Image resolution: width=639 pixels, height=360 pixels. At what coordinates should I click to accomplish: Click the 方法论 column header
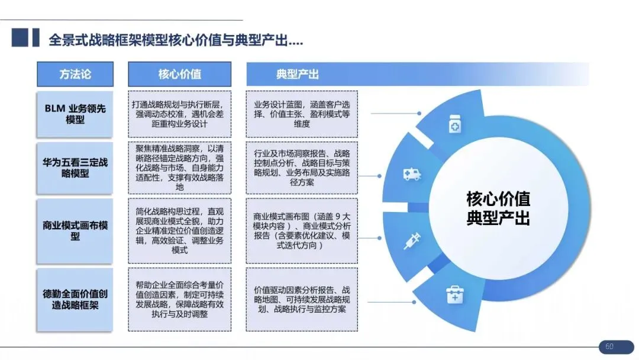click(75, 75)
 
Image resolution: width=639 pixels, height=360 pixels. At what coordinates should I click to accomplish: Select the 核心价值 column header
click(179, 75)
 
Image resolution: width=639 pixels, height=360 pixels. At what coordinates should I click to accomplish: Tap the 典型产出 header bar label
click(298, 75)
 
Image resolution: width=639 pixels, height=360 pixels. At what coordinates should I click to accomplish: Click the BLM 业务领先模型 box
click(75, 114)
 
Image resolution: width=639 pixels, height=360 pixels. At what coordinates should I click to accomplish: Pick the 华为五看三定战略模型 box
click(75, 168)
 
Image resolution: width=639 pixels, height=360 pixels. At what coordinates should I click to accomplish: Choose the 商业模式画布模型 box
click(75, 231)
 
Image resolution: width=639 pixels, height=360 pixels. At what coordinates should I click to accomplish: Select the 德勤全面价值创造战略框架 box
click(75, 299)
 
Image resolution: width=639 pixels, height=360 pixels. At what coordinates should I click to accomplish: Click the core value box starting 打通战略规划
click(179, 114)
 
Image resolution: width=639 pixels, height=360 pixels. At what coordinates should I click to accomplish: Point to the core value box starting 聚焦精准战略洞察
click(179, 168)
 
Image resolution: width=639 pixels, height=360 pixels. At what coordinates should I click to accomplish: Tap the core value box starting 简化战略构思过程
click(179, 231)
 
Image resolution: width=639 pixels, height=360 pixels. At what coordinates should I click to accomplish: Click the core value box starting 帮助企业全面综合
click(179, 299)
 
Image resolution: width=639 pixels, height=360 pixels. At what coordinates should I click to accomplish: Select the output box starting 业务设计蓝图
click(302, 114)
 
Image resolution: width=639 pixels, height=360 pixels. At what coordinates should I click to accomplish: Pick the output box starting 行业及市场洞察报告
click(302, 168)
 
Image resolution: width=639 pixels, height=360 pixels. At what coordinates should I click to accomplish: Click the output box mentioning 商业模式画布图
click(302, 231)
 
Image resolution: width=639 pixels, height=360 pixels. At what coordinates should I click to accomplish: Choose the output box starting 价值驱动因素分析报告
click(302, 299)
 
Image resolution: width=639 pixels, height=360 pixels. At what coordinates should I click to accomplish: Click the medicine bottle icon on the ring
click(455, 126)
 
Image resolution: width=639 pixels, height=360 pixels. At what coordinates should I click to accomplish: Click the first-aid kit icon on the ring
click(454, 293)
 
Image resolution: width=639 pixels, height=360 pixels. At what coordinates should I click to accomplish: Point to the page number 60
click(609, 346)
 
